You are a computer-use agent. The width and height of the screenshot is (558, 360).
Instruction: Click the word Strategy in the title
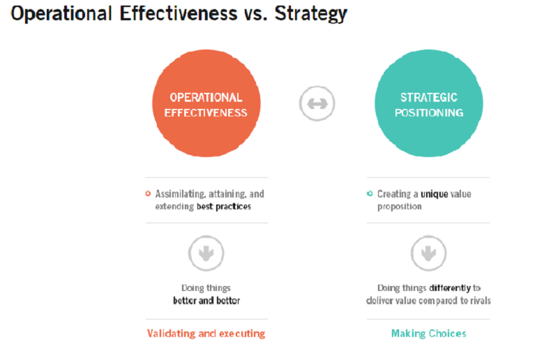310,14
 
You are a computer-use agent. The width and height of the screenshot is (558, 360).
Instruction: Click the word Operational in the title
61,14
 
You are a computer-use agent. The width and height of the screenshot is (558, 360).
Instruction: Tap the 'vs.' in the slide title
255,14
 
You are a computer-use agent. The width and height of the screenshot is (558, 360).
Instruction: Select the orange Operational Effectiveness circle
206,103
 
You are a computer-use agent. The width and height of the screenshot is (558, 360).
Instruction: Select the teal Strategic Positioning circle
429,103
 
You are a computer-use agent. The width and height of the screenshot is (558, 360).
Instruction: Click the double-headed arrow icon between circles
317,104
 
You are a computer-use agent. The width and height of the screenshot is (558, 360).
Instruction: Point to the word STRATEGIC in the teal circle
429,97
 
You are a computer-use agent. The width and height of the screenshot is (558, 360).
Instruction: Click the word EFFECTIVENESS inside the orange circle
206,113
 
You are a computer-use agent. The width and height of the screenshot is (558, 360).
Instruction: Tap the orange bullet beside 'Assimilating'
148,194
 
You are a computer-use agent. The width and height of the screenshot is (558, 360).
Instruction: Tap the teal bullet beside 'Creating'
370,194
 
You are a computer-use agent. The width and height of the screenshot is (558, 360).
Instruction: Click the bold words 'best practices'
224,207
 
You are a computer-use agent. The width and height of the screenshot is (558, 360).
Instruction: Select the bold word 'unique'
434,195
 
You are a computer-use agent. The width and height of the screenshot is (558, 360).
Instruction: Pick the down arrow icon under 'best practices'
206,253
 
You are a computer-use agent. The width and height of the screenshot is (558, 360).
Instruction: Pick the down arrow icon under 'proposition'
428,253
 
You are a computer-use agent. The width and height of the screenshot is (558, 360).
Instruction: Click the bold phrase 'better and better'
206,301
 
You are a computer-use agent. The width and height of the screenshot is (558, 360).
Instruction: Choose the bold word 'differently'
450,288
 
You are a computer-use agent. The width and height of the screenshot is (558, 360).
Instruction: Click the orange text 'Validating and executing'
206,333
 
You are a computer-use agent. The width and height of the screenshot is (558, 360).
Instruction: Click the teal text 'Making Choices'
429,333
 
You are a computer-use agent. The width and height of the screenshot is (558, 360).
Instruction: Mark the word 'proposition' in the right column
399,207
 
